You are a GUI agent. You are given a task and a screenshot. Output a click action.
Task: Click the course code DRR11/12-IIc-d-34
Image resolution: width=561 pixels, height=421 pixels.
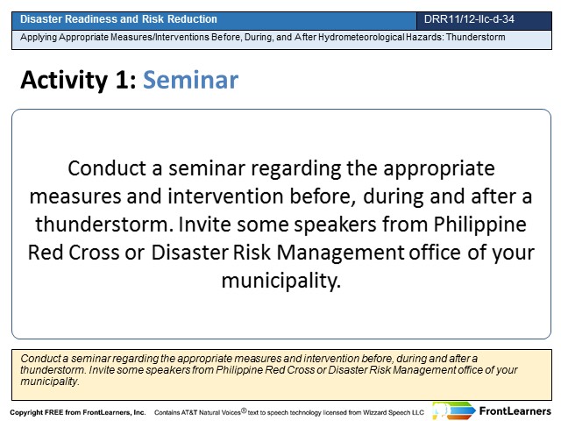469,19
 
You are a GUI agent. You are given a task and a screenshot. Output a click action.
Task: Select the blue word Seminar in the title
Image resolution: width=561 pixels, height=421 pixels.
191,80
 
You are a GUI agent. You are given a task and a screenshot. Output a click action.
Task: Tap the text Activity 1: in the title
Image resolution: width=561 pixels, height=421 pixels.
78,80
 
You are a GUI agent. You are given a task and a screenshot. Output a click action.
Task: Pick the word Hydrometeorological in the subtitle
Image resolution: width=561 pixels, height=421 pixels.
361,37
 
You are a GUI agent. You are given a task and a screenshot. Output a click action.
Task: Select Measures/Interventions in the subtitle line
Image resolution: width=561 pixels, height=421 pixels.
160,37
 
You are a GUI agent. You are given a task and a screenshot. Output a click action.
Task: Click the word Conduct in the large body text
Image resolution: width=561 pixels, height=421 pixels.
107,168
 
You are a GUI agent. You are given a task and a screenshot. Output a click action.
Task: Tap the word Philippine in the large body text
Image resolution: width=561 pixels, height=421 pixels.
479,225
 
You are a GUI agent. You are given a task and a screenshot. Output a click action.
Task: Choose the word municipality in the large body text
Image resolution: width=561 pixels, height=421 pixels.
280,281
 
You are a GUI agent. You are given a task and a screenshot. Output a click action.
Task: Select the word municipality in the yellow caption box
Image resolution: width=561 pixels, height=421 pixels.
50,382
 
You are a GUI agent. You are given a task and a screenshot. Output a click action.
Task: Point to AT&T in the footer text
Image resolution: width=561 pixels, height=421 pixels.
188,413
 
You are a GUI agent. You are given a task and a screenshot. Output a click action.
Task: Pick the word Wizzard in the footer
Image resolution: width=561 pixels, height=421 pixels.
374,413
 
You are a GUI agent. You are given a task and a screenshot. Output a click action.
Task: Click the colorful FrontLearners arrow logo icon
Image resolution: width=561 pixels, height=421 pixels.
453,410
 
